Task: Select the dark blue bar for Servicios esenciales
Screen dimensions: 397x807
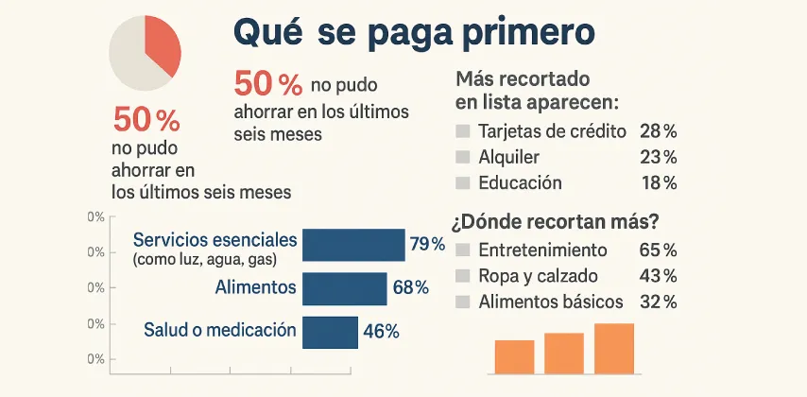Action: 353,244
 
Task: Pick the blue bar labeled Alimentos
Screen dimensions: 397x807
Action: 345,288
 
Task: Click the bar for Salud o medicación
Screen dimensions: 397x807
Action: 330,331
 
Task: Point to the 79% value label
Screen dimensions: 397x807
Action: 426,245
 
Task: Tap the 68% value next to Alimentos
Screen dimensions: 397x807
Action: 410,287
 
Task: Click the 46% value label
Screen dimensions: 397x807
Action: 381,331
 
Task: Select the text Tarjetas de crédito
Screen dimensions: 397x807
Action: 553,131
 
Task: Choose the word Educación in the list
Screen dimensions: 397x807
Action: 520,182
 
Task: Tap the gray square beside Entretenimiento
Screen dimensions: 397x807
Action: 462,251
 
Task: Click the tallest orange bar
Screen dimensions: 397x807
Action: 614,348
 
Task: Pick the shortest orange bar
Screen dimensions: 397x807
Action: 514,356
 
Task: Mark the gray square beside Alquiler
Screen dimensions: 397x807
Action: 462,157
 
